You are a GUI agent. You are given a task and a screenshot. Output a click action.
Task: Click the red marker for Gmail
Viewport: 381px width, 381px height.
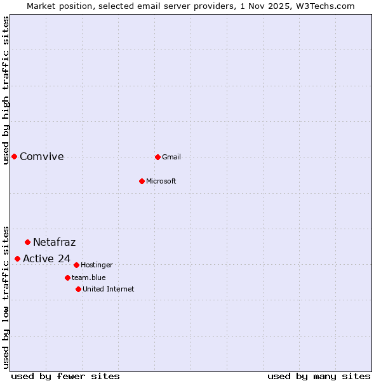pos(157,157)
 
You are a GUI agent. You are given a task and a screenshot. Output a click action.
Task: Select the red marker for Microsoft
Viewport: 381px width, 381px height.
pos(142,181)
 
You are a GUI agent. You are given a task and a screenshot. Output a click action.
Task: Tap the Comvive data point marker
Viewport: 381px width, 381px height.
pos(14,156)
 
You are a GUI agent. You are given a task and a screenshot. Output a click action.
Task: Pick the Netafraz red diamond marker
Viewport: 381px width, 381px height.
pos(27,242)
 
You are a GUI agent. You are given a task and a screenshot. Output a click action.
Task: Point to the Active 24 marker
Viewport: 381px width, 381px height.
pos(17,258)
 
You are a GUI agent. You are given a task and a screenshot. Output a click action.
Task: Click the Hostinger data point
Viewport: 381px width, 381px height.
pos(76,265)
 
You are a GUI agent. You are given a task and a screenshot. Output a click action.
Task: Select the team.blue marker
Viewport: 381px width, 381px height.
pos(67,277)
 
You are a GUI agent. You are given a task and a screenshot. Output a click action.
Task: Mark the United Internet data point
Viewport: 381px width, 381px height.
pos(78,289)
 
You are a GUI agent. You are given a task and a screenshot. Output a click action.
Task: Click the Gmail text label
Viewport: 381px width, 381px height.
pos(171,157)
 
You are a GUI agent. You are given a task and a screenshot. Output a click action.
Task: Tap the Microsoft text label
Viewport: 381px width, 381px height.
pos(161,181)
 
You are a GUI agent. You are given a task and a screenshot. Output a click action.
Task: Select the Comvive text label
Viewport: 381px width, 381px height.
pos(42,157)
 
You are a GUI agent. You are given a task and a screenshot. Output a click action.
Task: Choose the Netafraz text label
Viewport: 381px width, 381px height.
pos(55,242)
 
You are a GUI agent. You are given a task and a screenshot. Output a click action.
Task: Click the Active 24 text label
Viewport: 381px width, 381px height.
pos(46,258)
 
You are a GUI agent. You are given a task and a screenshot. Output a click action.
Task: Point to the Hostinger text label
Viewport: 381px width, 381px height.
pos(97,265)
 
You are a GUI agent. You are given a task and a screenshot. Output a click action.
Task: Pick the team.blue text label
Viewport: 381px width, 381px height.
pos(88,277)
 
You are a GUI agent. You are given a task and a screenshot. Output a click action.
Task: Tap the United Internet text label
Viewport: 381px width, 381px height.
pos(108,289)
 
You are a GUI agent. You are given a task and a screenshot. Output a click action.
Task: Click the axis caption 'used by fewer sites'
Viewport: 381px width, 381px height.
pos(65,376)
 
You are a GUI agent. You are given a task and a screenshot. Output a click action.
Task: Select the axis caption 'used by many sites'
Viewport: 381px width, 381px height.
pos(319,376)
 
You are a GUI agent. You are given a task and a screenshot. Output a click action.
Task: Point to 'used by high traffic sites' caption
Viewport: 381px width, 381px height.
pos(6,90)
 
